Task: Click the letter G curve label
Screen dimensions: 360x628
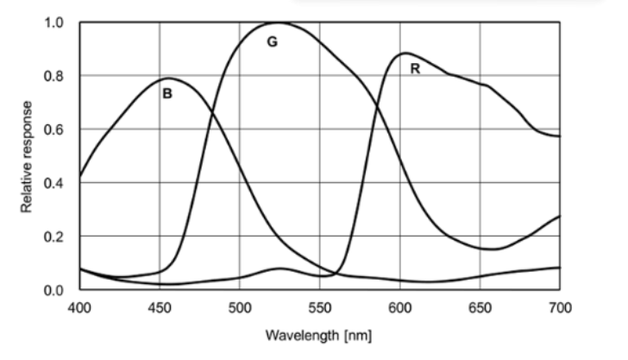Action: coord(272,42)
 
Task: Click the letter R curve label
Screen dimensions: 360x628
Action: coord(415,69)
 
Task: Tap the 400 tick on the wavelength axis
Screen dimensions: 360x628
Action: coord(79,306)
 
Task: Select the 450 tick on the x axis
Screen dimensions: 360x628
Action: coord(160,306)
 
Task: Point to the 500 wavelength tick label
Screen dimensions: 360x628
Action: coord(240,306)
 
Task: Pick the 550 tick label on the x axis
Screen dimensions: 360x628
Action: coord(320,306)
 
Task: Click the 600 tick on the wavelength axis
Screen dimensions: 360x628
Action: coord(400,306)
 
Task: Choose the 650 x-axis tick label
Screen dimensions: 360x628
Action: coord(480,306)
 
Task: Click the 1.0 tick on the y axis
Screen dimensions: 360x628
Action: coord(54,22)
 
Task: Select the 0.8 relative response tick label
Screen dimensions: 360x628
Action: coord(54,76)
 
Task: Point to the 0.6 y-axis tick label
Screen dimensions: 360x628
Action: coord(54,129)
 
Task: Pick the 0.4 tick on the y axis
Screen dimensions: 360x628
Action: coord(54,183)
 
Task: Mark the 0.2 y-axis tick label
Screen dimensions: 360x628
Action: coord(54,237)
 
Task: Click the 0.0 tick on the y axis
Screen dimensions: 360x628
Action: coord(54,290)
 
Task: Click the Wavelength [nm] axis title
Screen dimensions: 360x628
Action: coord(320,333)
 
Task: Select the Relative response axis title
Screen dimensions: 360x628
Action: coord(28,156)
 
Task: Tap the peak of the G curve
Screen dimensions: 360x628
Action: coord(278,22)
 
